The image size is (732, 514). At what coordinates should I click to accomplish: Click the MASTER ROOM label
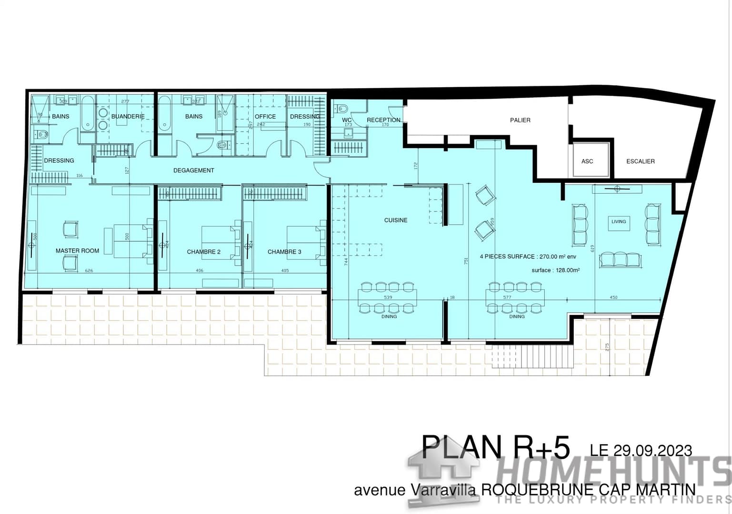pos(77,251)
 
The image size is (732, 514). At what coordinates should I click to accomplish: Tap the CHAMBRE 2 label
pos(203,252)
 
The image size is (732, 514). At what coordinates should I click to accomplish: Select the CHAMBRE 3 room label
pos(284,252)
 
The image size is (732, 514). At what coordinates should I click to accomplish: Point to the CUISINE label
pos(396,220)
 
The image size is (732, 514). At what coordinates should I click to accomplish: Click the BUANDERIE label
pos(128,117)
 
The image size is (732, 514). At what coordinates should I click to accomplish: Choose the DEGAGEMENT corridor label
pos(193,170)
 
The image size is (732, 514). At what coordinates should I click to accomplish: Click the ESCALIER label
pos(640,161)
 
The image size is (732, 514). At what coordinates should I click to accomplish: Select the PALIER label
pos(520,120)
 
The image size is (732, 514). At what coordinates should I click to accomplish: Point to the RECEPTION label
pos(383,120)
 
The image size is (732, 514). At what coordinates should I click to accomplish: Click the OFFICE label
pos(265,117)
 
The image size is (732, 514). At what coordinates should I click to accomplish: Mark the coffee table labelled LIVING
pos(619,222)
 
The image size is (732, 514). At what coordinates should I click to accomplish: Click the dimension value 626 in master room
pos(89,271)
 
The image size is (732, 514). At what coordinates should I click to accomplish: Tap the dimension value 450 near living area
pos(613,297)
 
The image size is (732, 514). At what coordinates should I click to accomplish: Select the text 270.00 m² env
pos(557,257)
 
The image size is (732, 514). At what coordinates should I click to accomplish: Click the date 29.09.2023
pos(641,450)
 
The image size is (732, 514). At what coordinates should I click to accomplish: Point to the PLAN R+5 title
pos(495,447)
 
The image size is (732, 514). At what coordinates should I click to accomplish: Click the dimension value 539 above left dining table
pos(388,297)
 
